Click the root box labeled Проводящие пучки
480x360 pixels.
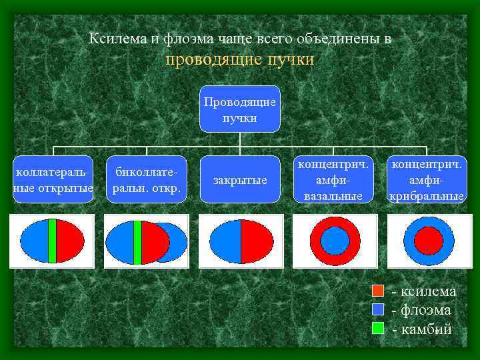coord(239,109)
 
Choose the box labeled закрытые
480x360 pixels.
coord(239,180)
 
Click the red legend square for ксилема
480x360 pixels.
coord(378,291)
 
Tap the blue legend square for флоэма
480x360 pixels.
coord(378,309)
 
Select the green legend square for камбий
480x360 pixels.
coord(378,327)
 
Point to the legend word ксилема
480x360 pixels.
coord(427,291)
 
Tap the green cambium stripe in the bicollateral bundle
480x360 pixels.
coord(138,241)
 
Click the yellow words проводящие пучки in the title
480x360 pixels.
coord(239,60)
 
